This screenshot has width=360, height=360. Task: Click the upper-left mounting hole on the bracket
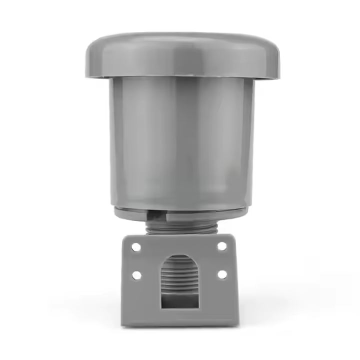click(136, 246)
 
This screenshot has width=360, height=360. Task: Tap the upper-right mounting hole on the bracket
click(221, 246)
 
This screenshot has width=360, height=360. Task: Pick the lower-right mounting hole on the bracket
click(222, 274)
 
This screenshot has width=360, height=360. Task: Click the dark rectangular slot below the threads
click(178, 299)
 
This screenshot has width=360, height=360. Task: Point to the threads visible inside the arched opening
click(178, 275)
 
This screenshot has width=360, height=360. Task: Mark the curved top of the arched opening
click(178, 256)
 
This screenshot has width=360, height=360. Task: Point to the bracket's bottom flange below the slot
click(179, 317)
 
